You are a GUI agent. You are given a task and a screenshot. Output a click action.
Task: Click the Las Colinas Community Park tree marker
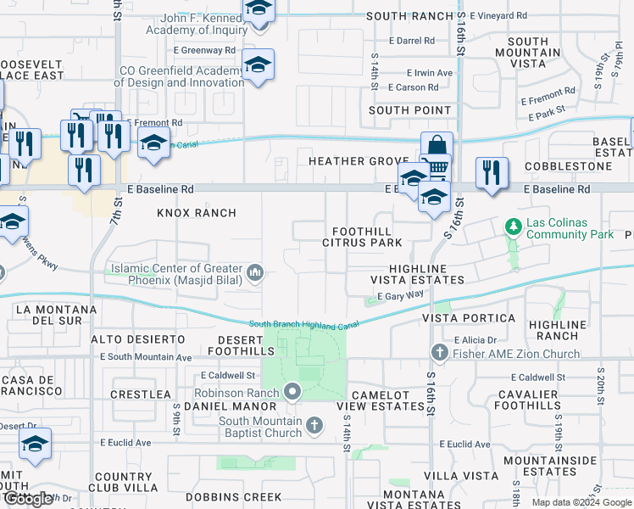[512, 227]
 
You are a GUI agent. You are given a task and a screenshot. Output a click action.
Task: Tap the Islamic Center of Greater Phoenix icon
[256, 273]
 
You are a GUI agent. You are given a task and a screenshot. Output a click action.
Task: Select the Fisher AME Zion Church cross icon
[439, 352]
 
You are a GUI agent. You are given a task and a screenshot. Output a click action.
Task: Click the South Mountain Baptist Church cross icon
[314, 424]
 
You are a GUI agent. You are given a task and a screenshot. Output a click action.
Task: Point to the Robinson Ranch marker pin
[293, 392]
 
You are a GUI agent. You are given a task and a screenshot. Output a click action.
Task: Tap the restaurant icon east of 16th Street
[492, 174]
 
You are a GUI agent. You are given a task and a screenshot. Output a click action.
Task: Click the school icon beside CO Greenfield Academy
[258, 65]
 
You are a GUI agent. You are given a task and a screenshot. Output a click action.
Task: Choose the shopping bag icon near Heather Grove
[437, 146]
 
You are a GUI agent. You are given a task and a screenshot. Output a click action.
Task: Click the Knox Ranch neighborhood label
[196, 212]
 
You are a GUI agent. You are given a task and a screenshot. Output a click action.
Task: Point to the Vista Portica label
[468, 317]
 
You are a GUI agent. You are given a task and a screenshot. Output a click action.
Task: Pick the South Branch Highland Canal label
[304, 324]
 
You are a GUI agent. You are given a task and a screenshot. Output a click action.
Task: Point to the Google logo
[27, 498]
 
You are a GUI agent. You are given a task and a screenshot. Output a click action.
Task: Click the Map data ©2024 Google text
[581, 501]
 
